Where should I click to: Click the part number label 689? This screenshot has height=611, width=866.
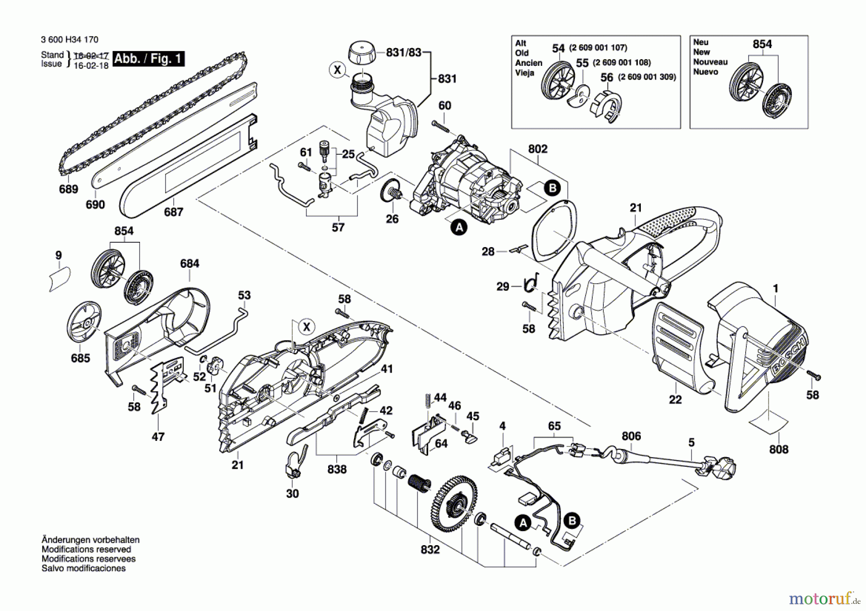pos(68,189)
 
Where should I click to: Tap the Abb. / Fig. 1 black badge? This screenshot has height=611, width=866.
pos(148,59)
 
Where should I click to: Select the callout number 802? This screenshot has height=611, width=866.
pos(537,149)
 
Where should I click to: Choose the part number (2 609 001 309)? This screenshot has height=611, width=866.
pos(647,77)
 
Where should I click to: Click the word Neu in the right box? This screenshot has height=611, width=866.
pos(700,42)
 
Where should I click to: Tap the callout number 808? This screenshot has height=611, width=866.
pos(778,449)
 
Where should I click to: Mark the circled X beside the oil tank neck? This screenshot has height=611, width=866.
pos(338,70)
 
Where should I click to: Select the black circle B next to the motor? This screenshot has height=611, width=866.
pos(552,188)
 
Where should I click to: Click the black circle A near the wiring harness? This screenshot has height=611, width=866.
pos(523,523)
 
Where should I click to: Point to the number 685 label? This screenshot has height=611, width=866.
pos(80,358)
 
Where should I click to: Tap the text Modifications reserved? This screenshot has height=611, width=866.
pos(86,549)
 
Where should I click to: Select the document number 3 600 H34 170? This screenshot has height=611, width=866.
pos(70,40)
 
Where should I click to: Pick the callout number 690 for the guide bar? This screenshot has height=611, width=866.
pos(95,204)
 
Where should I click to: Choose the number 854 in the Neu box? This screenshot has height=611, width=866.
pos(762,44)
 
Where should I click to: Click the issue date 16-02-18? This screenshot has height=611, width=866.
pos(91,66)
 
